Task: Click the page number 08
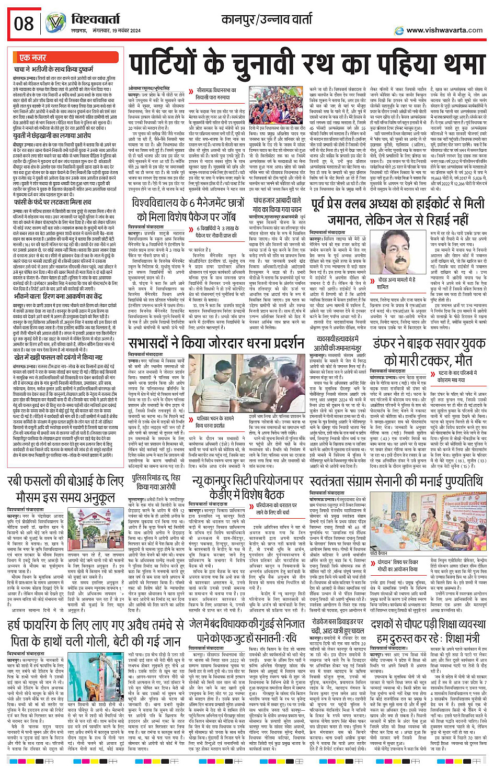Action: pos(24,24)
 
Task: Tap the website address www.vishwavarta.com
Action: pos(444,30)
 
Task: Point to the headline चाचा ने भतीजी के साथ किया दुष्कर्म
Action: pos(58,69)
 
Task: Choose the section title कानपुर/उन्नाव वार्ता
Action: pos(267,20)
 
